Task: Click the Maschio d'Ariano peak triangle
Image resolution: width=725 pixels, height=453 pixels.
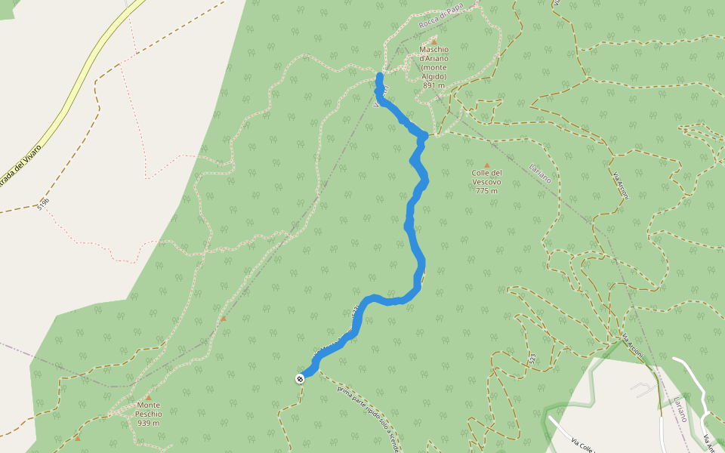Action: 434,42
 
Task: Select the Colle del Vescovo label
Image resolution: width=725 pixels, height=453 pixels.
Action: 487,177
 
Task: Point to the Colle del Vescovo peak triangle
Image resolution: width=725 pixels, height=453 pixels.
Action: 487,165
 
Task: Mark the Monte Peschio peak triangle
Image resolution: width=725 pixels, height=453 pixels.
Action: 148,397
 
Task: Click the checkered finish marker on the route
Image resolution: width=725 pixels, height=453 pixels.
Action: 300,378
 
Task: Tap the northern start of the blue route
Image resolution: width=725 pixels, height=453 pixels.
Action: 379,75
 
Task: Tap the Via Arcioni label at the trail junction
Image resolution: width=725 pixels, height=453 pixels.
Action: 632,344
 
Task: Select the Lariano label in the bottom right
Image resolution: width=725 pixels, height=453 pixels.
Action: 683,408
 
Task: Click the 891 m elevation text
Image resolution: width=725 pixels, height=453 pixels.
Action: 434,85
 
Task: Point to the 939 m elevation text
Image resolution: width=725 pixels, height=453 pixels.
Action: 148,423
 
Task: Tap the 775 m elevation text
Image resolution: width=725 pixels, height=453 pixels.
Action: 487,190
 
